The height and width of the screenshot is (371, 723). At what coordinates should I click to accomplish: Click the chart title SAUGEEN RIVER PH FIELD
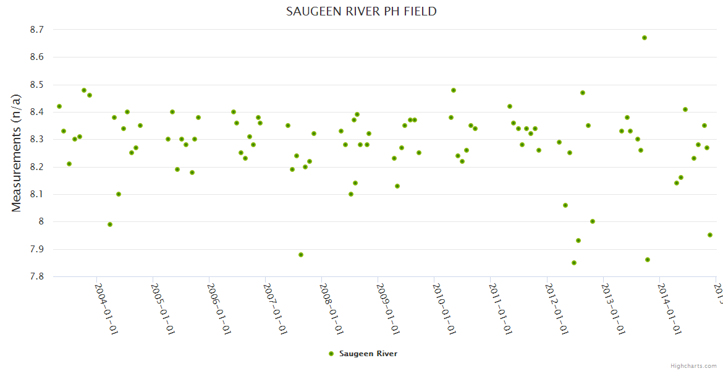pyautogui.click(x=361, y=11)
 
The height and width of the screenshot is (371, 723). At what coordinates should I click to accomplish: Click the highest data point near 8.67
pyautogui.click(x=645, y=38)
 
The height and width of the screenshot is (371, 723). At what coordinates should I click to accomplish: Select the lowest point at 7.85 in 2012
pyautogui.click(x=574, y=263)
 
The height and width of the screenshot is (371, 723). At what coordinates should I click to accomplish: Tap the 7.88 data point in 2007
pyautogui.click(x=301, y=255)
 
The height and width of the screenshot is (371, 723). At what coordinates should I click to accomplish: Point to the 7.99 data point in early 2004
pyautogui.click(x=110, y=224)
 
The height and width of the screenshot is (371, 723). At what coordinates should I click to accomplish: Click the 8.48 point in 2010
pyautogui.click(x=454, y=90)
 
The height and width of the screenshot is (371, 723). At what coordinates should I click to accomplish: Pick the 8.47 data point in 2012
pyautogui.click(x=583, y=93)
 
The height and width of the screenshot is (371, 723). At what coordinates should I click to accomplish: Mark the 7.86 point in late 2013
pyautogui.click(x=648, y=260)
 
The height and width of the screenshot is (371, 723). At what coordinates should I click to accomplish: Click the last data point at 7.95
pyautogui.click(x=710, y=235)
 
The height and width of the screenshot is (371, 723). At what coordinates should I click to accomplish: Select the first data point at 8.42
pyautogui.click(x=59, y=106)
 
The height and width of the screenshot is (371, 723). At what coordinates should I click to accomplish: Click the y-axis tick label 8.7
pyautogui.click(x=36, y=30)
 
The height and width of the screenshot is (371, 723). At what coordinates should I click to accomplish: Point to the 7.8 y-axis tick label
pyautogui.click(x=36, y=277)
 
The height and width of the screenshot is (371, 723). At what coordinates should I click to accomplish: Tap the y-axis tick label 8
pyautogui.click(x=41, y=222)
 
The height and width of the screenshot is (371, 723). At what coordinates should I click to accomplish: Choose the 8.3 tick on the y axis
pyautogui.click(x=36, y=140)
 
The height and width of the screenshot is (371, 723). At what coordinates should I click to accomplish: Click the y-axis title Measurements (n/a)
pyautogui.click(x=17, y=153)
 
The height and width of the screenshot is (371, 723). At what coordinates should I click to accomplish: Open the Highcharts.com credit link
pyautogui.click(x=694, y=365)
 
